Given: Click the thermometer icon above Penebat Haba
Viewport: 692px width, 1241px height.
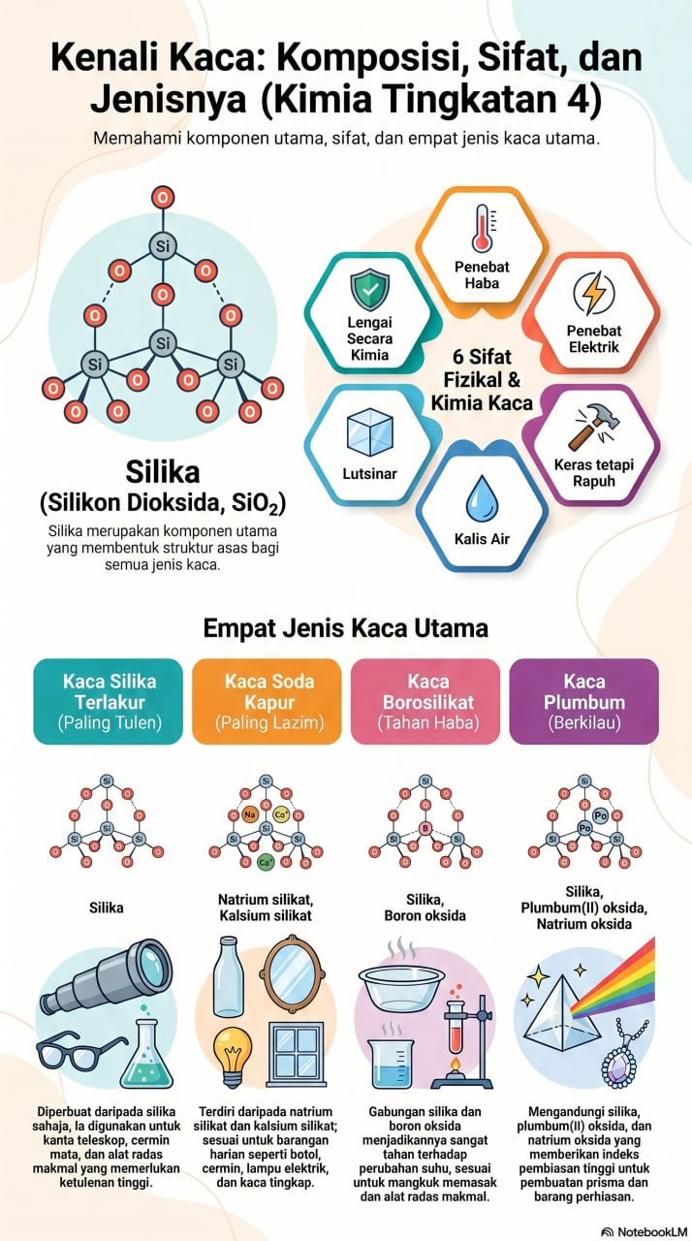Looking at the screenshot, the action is tap(483, 228).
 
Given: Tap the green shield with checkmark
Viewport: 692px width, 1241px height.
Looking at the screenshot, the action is tap(370, 289).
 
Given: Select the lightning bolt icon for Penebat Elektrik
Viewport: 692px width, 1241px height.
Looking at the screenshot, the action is tap(593, 292).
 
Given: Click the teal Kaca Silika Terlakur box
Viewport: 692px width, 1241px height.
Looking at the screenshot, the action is tap(109, 701).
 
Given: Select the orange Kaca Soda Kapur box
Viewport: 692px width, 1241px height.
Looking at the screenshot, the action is tap(267, 701).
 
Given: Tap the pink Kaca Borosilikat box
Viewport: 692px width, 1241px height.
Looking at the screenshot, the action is tap(425, 701).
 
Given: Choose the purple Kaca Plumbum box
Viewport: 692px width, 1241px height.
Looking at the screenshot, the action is tap(584, 701).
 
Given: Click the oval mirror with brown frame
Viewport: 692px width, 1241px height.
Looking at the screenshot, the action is tap(293, 973).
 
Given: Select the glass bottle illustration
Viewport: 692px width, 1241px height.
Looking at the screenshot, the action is tap(229, 976).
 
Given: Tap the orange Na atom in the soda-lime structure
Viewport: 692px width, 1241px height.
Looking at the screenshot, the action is tap(250, 814).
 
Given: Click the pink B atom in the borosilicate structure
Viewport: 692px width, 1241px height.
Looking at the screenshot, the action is tap(425, 829).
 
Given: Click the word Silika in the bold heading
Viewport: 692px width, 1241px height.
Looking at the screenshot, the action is tap(163, 472).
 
